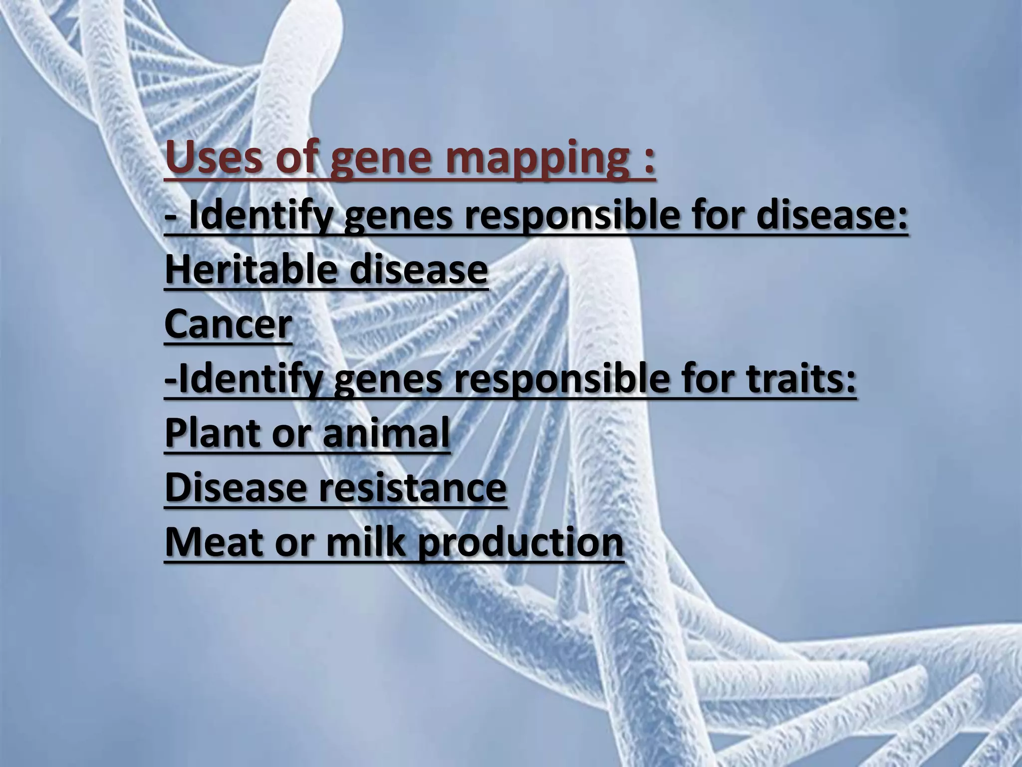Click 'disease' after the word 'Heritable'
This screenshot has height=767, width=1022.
click(x=418, y=269)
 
